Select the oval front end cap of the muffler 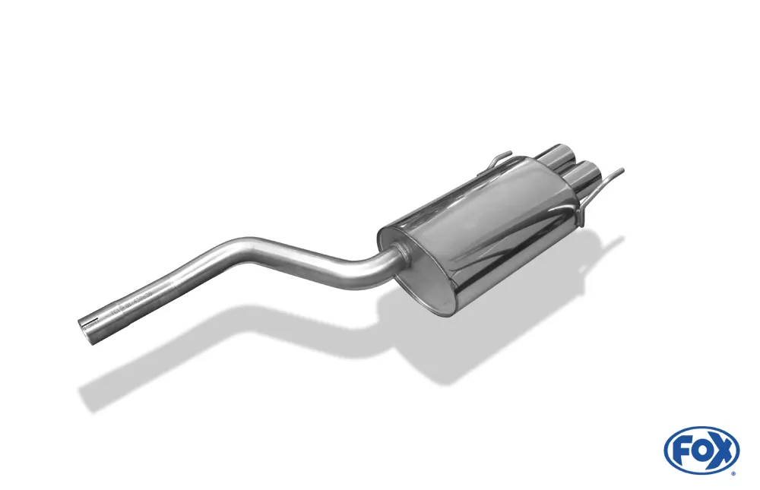point(426,275)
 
